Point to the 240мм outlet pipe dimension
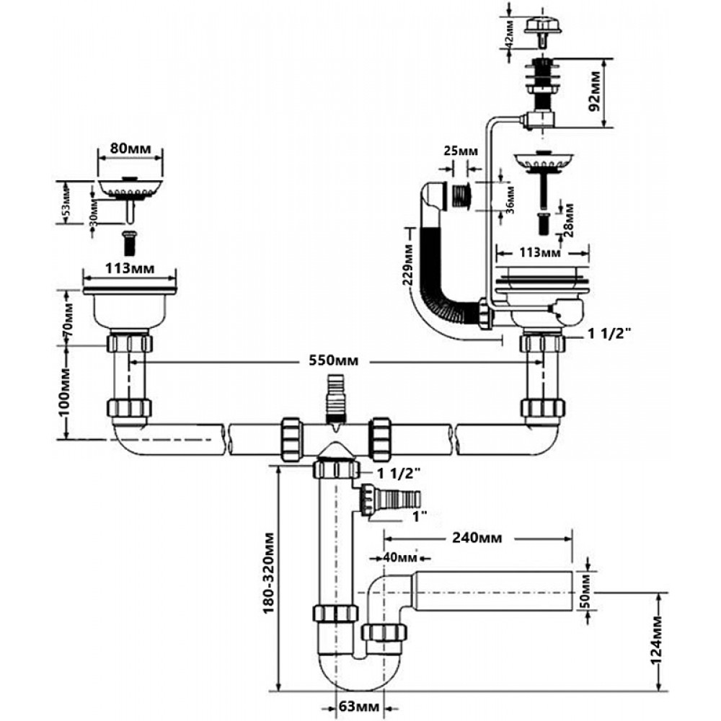coord(477,537)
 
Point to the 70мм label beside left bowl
coord(69,316)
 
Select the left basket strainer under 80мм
coord(131,188)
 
